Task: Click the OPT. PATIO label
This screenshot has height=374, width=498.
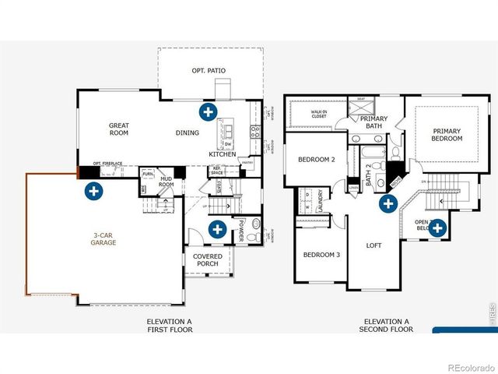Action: pos(209,71)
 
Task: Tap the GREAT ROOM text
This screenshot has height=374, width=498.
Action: pos(119,129)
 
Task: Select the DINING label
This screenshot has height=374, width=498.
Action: pos(187,133)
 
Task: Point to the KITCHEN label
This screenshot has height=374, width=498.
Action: pos(222,154)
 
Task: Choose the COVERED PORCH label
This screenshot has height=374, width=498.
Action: pos(207,260)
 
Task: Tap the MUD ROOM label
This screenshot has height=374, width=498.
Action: pos(166,183)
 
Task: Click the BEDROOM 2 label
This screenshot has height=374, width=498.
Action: pos(316,160)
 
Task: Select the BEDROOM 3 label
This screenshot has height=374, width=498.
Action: pos(321,256)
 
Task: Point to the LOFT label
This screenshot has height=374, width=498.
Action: pos(375,245)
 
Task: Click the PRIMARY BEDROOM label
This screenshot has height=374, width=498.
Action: pos(447,135)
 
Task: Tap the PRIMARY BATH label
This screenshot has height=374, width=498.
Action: pos(373,122)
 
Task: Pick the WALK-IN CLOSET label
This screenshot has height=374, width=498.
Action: pos(319,115)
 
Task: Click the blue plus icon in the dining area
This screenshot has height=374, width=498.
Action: pos(208,111)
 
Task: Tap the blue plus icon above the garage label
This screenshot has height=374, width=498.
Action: pos(93,190)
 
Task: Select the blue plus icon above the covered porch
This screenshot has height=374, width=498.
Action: pos(217,229)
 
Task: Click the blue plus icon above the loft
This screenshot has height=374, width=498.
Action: pos(388,204)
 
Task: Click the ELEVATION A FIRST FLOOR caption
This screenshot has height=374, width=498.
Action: pos(170,325)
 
